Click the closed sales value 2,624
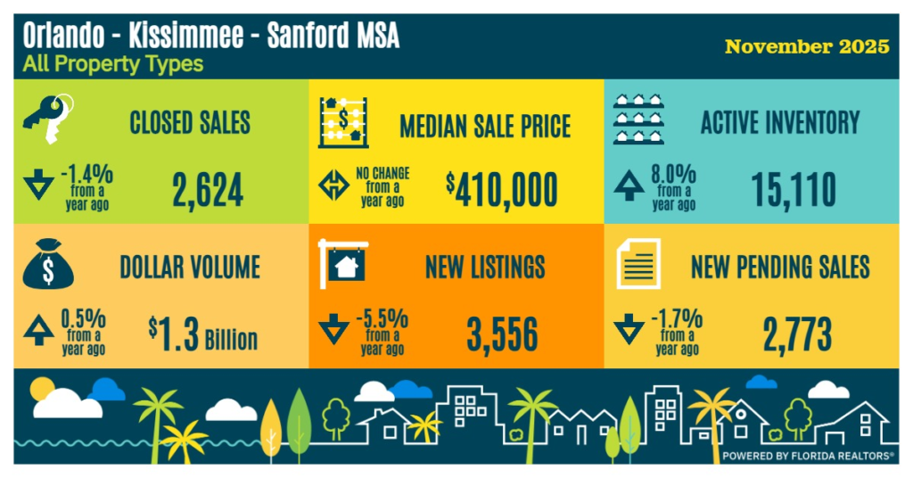(206, 189)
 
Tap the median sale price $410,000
(502, 189)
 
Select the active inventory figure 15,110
(794, 189)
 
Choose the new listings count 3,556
(502, 334)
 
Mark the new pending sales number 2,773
(796, 334)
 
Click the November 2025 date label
(807, 46)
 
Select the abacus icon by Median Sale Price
(343, 122)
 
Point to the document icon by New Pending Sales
(638, 264)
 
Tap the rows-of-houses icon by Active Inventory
(640, 119)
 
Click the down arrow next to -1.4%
(38, 188)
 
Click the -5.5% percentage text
(383, 317)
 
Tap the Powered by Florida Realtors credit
(808, 455)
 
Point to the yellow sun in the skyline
(42, 389)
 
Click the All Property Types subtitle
(113, 64)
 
